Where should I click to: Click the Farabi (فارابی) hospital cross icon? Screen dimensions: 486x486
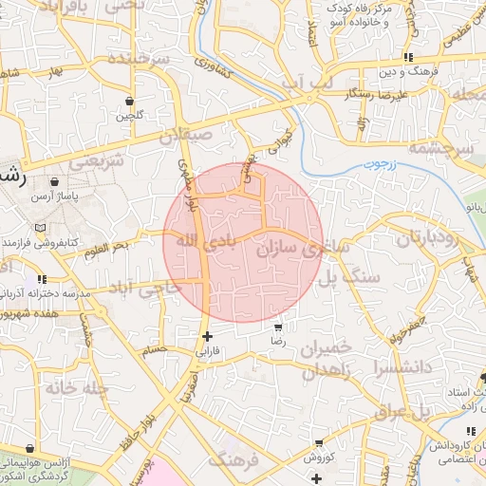[207, 336]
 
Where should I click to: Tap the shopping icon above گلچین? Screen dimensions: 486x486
[129, 101]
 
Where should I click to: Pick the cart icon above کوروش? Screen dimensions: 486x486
[318, 443]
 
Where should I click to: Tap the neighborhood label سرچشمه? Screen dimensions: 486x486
[450, 148]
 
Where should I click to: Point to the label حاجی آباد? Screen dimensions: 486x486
[143, 286]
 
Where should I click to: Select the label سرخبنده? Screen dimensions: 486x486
[138, 59]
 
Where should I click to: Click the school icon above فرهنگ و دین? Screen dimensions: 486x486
[408, 57]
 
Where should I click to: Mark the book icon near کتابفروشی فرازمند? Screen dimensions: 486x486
[39, 229]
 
